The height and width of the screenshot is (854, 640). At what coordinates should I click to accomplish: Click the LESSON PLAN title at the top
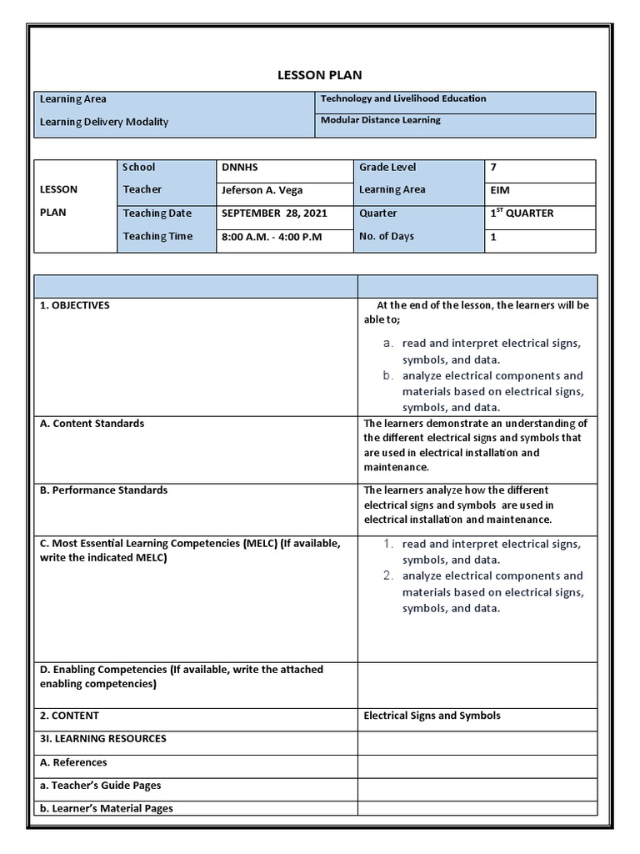(x=320, y=75)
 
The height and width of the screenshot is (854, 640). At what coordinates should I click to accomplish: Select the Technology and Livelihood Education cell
(x=402, y=99)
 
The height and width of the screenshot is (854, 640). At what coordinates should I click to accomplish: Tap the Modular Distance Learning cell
(x=380, y=120)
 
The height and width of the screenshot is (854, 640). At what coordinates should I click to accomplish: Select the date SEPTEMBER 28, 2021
(x=274, y=213)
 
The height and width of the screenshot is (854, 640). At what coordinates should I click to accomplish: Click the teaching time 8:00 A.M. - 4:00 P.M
(x=272, y=237)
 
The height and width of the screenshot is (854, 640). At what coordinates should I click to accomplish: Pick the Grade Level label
(x=387, y=168)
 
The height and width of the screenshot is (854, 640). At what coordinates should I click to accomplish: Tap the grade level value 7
(x=493, y=168)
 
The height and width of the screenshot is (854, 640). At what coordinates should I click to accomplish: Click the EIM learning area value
(x=500, y=190)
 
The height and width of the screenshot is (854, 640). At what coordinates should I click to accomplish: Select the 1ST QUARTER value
(x=522, y=213)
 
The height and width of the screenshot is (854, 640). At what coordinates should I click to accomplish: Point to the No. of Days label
(x=386, y=237)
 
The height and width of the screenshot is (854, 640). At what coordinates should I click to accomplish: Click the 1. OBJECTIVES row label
(x=75, y=306)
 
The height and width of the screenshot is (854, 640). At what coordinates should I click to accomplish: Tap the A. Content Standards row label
(x=92, y=424)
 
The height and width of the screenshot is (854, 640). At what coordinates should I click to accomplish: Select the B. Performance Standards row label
(x=103, y=490)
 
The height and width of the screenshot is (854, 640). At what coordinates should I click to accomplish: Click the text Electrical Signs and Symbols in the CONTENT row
(x=432, y=716)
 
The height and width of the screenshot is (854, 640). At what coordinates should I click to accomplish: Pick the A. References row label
(x=73, y=762)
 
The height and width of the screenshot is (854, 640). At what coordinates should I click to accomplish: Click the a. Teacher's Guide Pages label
(x=100, y=786)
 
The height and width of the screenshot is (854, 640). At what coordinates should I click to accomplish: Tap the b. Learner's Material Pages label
(x=106, y=808)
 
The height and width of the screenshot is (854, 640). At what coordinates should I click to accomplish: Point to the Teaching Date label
(x=157, y=213)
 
